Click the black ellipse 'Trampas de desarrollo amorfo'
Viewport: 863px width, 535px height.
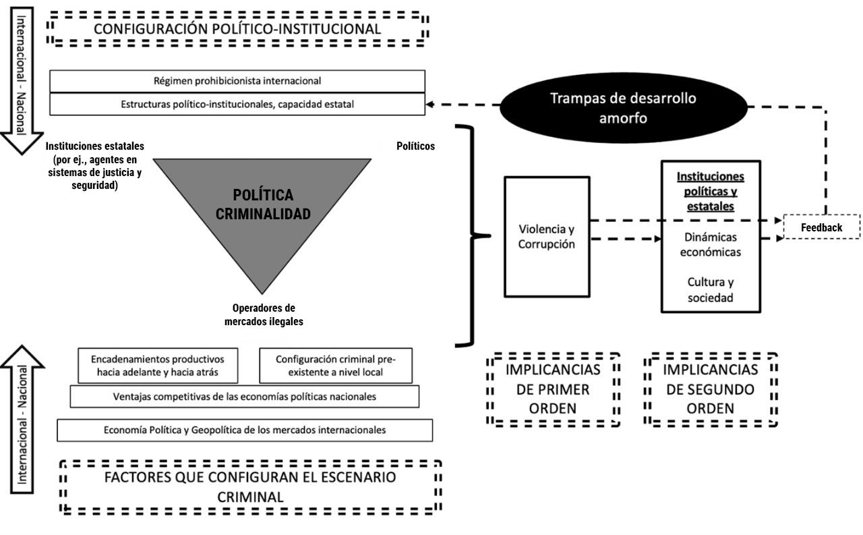pyautogui.click(x=623, y=107)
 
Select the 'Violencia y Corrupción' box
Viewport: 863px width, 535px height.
pyautogui.click(x=547, y=236)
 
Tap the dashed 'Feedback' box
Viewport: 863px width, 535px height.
pyautogui.click(x=821, y=227)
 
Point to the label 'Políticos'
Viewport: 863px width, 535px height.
pyautogui.click(x=415, y=146)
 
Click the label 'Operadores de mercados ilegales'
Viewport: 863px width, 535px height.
pyautogui.click(x=264, y=315)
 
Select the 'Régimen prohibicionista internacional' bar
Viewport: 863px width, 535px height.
pyautogui.click(x=237, y=81)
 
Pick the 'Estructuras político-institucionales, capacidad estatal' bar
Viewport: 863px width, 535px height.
pyautogui.click(x=237, y=105)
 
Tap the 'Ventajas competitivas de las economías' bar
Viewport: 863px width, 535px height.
pyautogui.click(x=244, y=396)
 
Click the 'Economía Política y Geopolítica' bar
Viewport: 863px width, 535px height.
pyautogui.click(x=245, y=430)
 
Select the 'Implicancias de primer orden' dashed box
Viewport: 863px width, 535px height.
pyautogui.click(x=553, y=389)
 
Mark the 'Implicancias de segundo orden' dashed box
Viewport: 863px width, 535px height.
pyautogui.click(x=710, y=389)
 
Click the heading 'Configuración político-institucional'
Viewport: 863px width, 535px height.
pyautogui.click(x=237, y=29)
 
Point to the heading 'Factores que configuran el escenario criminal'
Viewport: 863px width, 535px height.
pyautogui.click(x=250, y=487)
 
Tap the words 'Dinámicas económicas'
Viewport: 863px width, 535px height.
pyautogui.click(x=711, y=245)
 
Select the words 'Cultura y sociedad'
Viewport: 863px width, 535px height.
pyautogui.click(x=711, y=289)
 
